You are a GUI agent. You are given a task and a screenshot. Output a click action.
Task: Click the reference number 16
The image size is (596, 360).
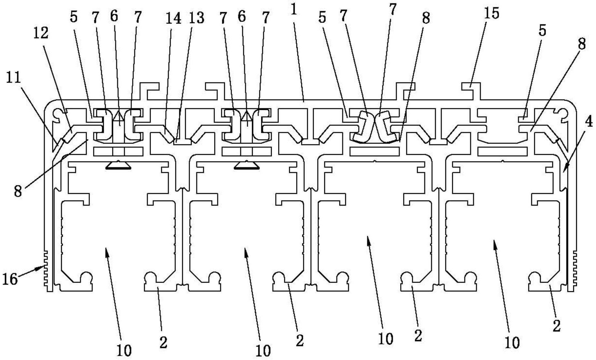[10, 279]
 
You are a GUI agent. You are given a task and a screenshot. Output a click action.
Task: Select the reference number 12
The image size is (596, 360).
[41, 33]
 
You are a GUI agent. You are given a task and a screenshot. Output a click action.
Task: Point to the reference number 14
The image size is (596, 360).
[173, 18]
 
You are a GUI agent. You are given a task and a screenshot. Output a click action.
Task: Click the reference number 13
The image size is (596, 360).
[196, 18]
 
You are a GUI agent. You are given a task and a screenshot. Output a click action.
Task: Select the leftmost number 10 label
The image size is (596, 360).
[124, 350]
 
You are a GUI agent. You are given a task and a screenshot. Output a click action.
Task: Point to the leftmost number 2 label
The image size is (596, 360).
[163, 342]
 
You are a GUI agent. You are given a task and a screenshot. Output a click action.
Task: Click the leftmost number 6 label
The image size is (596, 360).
[114, 16]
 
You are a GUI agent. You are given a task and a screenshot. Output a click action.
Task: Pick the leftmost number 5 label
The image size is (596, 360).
[74, 17]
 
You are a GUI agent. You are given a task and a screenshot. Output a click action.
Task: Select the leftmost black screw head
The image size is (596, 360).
[118, 166]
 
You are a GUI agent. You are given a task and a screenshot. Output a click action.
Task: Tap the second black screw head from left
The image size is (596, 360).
[247, 166]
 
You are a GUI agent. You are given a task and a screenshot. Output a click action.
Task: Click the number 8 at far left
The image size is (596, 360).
[18, 192]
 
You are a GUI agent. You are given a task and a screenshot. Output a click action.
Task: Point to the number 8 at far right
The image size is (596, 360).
[582, 44]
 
